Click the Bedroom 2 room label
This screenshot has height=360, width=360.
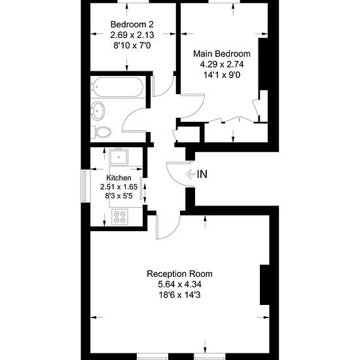pos(132,24)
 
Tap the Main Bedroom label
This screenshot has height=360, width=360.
pos(222,54)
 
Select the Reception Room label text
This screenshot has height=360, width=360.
pos(179,274)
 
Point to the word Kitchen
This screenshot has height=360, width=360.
pos(119,177)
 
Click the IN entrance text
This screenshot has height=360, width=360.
pos(202,174)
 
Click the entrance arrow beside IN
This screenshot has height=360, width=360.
pos(190,174)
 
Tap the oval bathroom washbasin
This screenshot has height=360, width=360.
pos(98,111)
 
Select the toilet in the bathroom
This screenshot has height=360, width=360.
pos(101,132)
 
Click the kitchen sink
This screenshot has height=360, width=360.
pos(118,157)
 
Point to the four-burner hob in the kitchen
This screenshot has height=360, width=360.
pos(120,217)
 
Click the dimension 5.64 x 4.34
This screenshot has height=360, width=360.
pos(179,285)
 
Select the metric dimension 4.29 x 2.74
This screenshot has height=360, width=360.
pos(222,64)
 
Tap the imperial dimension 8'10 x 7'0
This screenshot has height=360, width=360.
pos(132,45)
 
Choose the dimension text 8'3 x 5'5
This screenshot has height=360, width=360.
pos(119,196)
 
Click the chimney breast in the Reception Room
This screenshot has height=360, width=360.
pos(264,285)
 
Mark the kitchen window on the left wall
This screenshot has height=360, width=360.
pos(86,186)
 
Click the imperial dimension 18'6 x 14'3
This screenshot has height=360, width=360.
pos(179,295)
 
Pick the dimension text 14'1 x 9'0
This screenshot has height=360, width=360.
pos(222,75)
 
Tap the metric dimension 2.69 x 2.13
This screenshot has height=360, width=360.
pos(132,35)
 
